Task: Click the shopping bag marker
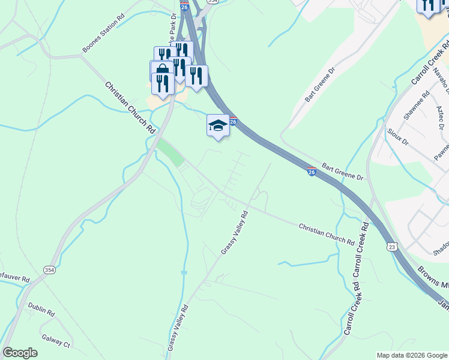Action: click(161, 70)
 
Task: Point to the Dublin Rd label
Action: click(41, 313)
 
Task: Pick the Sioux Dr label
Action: click(397, 137)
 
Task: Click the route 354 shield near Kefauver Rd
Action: click(49, 271)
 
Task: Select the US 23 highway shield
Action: click(391, 246)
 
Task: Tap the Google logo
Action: click(20, 353)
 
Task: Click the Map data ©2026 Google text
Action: click(411, 355)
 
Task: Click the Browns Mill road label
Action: click(433, 277)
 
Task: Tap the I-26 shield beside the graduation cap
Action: click(233, 122)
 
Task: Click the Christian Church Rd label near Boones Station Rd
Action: click(130, 107)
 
